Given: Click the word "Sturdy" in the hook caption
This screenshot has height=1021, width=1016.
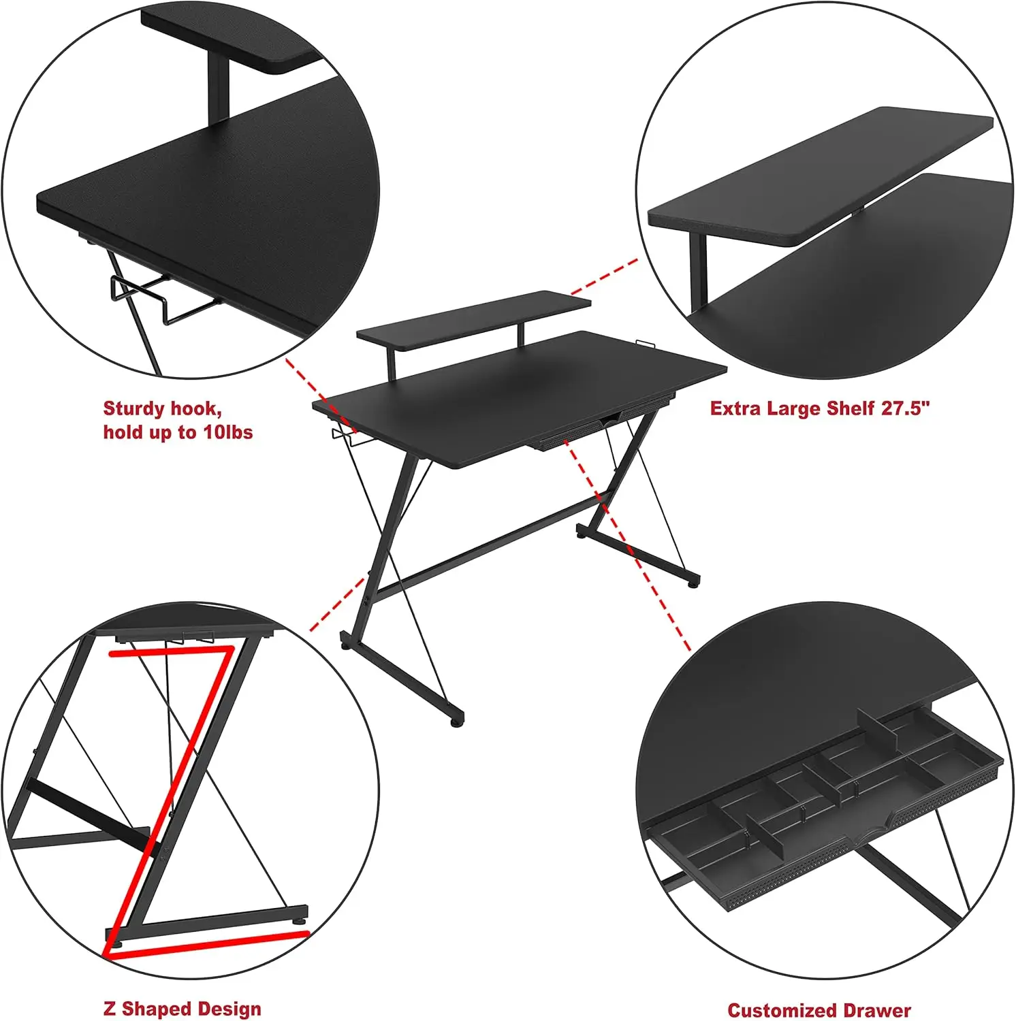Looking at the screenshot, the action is (x=133, y=409).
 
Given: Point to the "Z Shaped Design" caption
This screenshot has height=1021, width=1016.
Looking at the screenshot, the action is (x=182, y=1009).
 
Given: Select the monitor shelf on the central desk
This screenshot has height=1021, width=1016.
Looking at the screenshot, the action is (x=473, y=317).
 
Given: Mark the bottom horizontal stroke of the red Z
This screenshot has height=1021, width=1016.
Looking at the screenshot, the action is (x=208, y=947).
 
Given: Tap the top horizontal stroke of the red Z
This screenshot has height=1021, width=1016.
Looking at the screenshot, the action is (x=170, y=652).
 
